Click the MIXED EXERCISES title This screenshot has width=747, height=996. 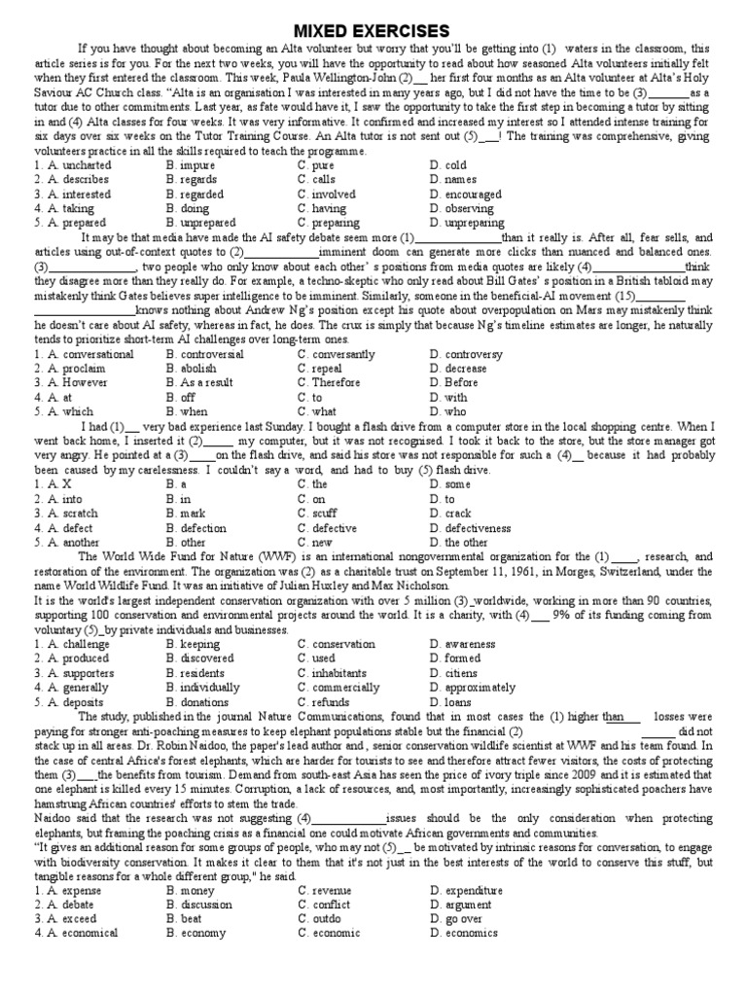373,31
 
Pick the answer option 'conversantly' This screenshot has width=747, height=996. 341,355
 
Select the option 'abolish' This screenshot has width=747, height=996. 197,370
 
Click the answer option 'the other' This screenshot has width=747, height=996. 466,543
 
